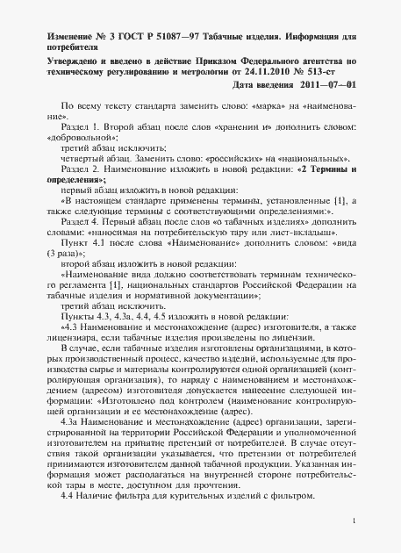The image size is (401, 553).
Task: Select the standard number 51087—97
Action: (x=175, y=34)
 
